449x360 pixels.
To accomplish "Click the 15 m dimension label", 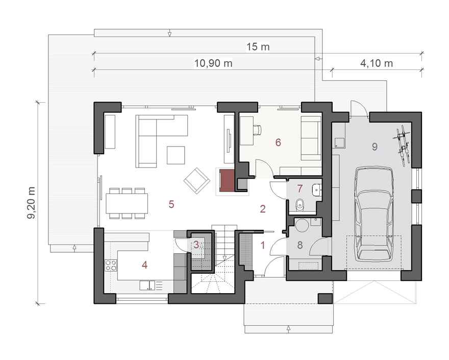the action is coord(258,46).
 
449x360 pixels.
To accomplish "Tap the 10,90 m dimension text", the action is coord(213,63).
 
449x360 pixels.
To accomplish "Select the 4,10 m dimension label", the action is coord(376,63).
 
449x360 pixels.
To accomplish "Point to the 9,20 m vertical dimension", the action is coord(32,203).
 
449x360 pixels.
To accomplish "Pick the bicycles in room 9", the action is coord(404,145).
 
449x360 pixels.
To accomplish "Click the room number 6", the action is coord(278,142).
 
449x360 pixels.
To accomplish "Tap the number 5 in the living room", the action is coord(171,204).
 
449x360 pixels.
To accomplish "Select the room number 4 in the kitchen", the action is coord(144,265).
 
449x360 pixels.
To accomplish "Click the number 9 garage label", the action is coord(375,147).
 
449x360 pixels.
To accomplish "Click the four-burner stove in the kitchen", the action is coord(111,265).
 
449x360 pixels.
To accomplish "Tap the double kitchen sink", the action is coord(147,285).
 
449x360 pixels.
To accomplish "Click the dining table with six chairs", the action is coord(127,204).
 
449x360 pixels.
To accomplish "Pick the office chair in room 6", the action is coord(258,130).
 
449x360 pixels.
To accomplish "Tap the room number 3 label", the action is coord(196,245).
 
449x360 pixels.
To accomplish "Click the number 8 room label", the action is coord(300,245).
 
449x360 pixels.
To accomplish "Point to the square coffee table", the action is coord(176,155).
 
